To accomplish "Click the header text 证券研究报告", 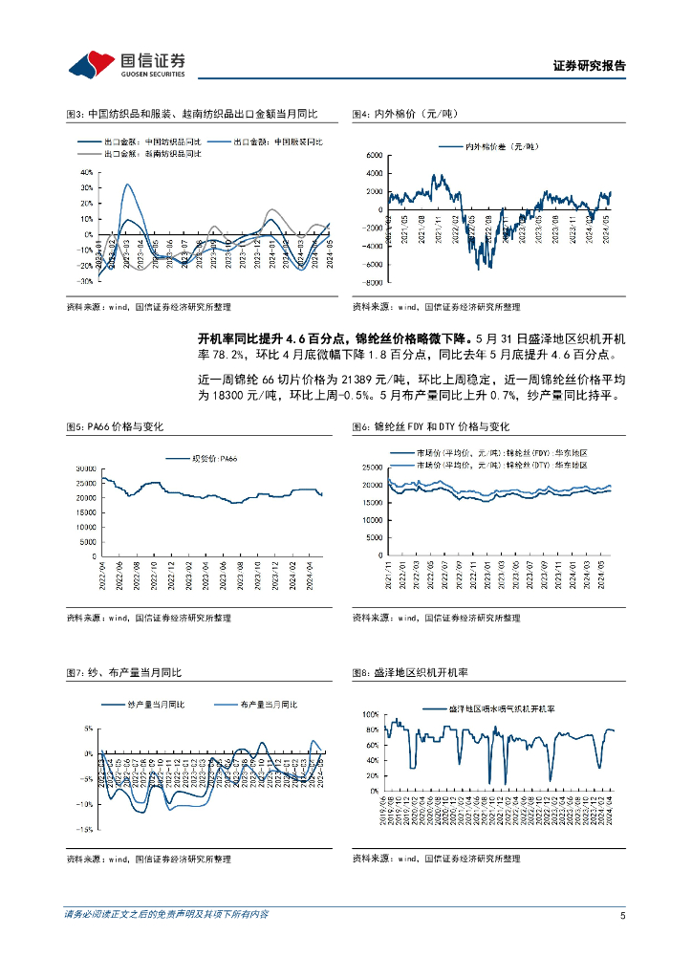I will tap(590, 66).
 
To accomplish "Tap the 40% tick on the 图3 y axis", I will tap(85, 173).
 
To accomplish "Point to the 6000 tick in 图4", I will tap(374, 155).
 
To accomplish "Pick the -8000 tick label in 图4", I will tap(372, 283).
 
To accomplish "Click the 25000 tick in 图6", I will tap(372, 468).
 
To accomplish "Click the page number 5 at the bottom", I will tap(622, 915).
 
